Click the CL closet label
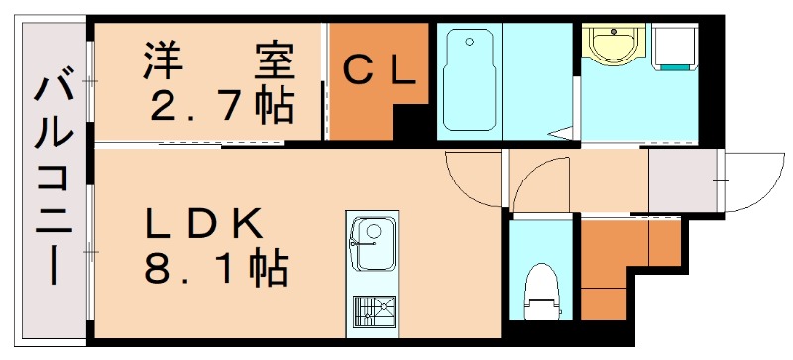pyautogui.click(x=378, y=70)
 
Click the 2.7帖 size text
pyautogui.click(x=221, y=104)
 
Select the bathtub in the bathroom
pyautogui.click(x=469, y=80)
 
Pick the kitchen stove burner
pyautogui.click(x=375, y=310)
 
